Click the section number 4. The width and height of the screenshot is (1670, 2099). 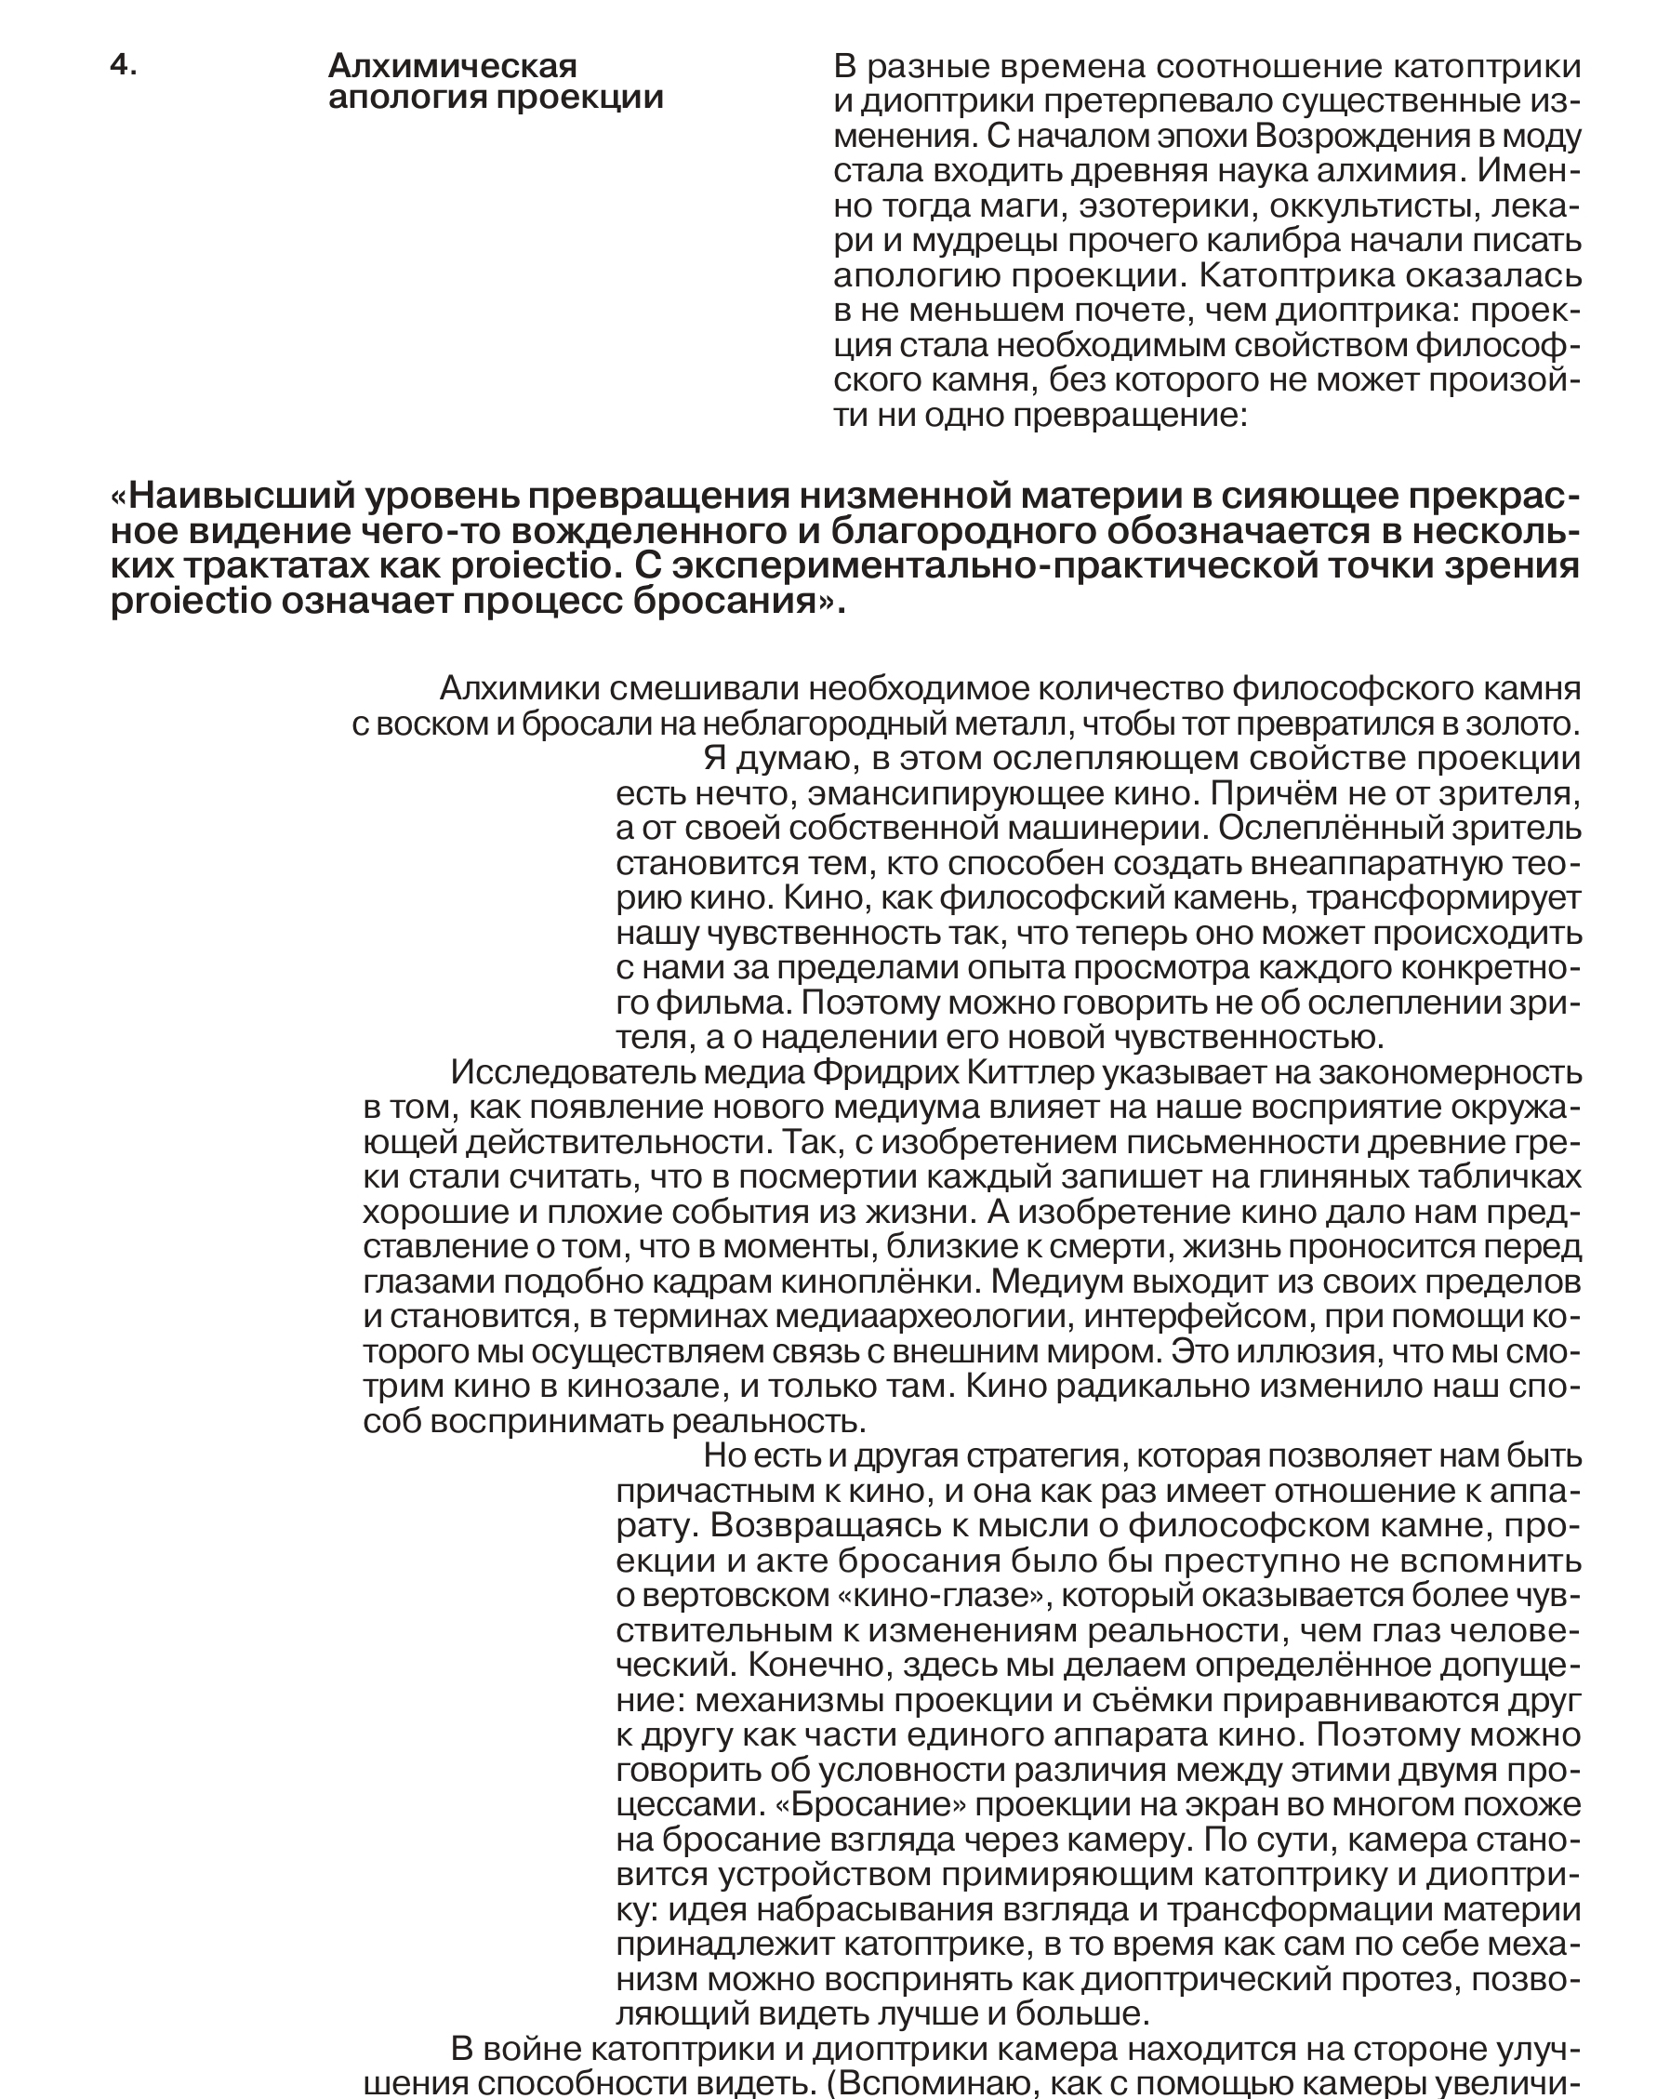[123, 65]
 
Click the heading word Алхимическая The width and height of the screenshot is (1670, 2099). [452, 66]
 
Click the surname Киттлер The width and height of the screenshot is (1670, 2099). [1030, 1073]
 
